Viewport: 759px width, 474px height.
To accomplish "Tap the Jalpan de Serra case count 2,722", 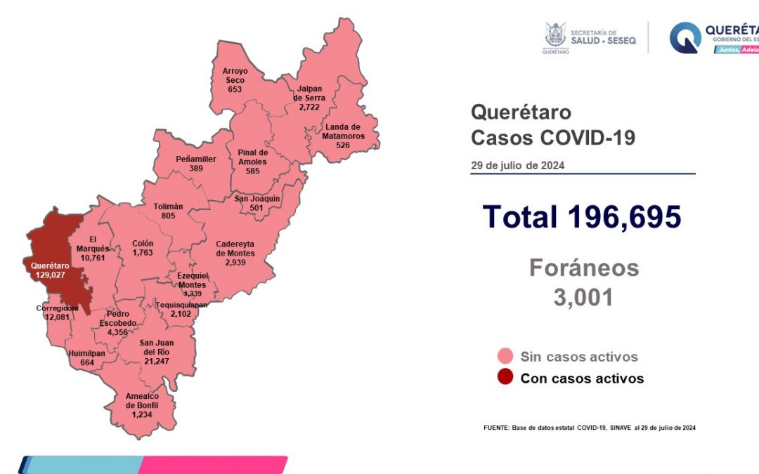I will pyautogui.click(x=309, y=108).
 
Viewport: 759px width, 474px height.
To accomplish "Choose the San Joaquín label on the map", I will pyautogui.click(x=257, y=199).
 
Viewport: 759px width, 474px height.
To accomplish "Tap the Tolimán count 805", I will pyautogui.click(x=168, y=216).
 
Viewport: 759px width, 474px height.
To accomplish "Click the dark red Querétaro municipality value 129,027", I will pyautogui.click(x=48, y=275).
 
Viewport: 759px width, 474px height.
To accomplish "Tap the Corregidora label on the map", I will pyautogui.click(x=57, y=308).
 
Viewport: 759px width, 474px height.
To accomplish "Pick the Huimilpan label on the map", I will pyautogui.click(x=86, y=354).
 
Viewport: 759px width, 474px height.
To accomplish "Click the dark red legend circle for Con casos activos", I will pyautogui.click(x=504, y=378).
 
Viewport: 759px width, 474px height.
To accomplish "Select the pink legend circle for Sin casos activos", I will pyautogui.click(x=504, y=356).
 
